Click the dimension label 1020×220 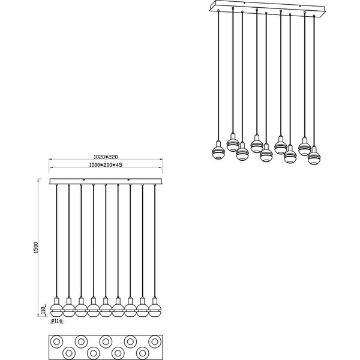coord(106,157)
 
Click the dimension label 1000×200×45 coord(106,165)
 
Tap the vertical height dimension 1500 coord(35,247)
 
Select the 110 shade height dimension coord(42,310)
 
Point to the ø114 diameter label coord(56,321)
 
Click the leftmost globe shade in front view coord(56,310)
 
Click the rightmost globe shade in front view coord(155,310)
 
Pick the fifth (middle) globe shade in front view coord(106,310)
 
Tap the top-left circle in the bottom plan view coord(56,341)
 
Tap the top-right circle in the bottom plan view coord(155,341)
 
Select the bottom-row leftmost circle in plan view coord(69,353)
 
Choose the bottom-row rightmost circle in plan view coord(142,353)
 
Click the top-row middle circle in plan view coord(106,341)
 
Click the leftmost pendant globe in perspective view coord(218,153)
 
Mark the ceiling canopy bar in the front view coord(106,181)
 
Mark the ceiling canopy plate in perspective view coord(268,8)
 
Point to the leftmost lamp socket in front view coord(56,301)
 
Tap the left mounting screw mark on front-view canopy coord(84,179)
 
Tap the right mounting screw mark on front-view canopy coord(129,179)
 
